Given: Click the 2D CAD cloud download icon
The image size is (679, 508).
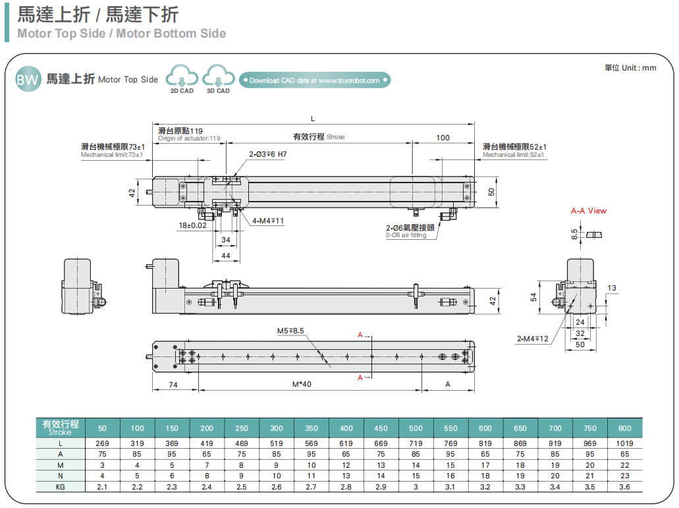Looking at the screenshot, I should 182,78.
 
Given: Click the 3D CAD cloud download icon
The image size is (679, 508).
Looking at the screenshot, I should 218,78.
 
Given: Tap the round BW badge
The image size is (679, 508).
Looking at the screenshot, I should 28,80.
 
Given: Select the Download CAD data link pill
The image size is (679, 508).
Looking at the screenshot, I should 315,80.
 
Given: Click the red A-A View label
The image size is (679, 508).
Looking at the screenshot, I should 589,211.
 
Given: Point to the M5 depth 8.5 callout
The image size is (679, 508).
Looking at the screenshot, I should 290,331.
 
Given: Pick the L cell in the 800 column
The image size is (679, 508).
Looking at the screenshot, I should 625,443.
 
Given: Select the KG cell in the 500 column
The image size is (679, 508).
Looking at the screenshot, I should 416,487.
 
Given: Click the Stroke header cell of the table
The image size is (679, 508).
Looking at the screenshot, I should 61,428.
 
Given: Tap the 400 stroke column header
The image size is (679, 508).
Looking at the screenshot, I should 346,428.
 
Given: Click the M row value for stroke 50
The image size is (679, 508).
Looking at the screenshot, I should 102,465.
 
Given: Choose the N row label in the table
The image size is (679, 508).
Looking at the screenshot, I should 61,476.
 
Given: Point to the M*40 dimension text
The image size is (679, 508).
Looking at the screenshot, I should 302,384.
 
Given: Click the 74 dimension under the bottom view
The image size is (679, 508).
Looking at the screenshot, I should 174,384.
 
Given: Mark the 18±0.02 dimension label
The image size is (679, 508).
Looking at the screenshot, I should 192,225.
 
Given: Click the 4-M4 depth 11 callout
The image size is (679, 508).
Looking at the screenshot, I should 268,221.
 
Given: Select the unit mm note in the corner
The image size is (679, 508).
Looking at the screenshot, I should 630,67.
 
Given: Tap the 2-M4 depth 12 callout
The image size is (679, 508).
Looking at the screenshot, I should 533,339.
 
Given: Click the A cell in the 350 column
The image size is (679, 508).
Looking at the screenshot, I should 312,454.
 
